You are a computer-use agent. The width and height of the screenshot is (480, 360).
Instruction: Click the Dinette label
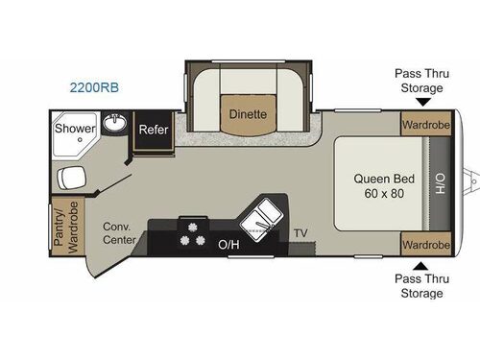coord(247,113)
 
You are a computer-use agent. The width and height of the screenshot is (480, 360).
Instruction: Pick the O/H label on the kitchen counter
coord(228,245)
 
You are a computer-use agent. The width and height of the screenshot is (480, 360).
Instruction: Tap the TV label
coord(300,233)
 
